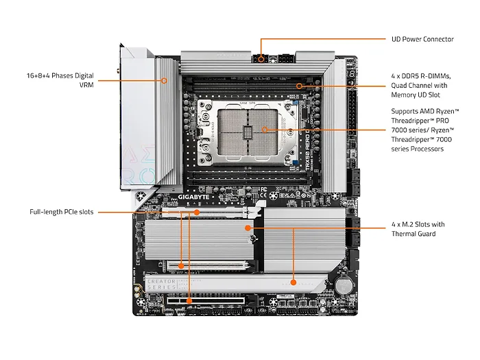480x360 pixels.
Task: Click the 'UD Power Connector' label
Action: tap(422, 39)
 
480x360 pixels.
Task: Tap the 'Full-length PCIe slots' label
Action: tap(62, 212)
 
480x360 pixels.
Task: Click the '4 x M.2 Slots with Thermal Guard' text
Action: tap(418, 229)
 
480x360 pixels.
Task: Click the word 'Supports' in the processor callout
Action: tap(406, 110)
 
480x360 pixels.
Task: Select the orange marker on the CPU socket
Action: tap(264, 129)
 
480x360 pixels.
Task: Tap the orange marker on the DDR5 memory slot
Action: tap(299, 86)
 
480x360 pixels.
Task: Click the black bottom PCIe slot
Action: tap(206, 301)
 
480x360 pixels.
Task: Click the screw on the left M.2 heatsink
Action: tap(252, 239)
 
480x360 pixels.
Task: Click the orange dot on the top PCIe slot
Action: tap(197, 212)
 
